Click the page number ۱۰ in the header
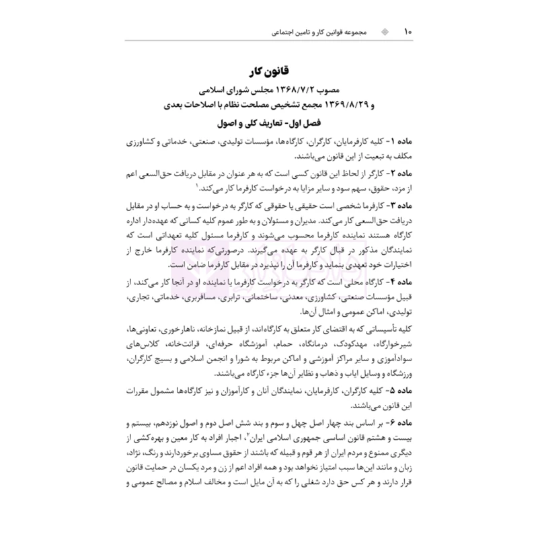(407, 32)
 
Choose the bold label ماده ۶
(394, 422)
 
